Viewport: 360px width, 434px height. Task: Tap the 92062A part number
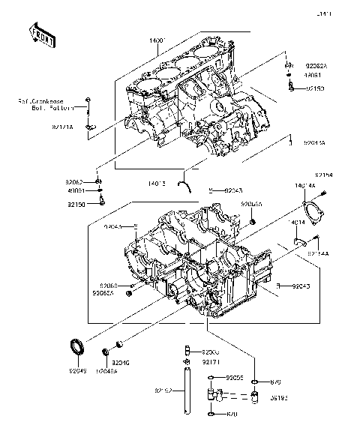tap(316, 66)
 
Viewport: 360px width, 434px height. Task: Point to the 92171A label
tap(62, 128)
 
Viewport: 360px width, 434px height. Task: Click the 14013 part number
tap(158, 181)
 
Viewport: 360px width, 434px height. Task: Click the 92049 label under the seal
tap(79, 370)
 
